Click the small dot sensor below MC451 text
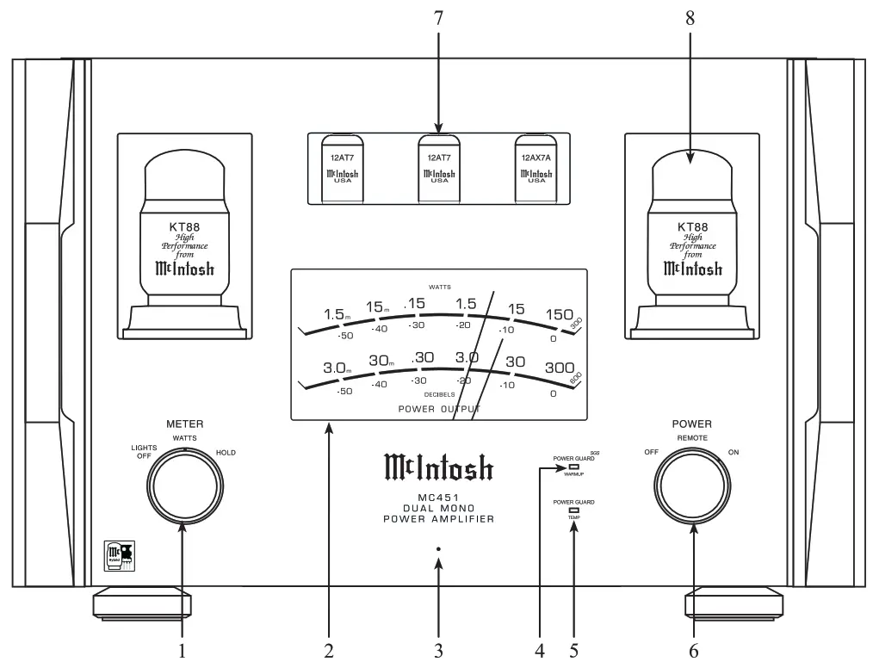click(x=438, y=548)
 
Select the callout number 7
click(x=437, y=18)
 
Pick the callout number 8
click(x=690, y=18)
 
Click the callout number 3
click(x=438, y=652)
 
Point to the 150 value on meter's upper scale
click(x=558, y=314)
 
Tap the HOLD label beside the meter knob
click(x=226, y=452)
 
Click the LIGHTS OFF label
click(x=142, y=452)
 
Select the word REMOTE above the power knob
click(x=693, y=438)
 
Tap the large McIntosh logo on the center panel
click(x=437, y=468)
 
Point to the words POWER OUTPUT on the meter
click(x=438, y=409)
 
